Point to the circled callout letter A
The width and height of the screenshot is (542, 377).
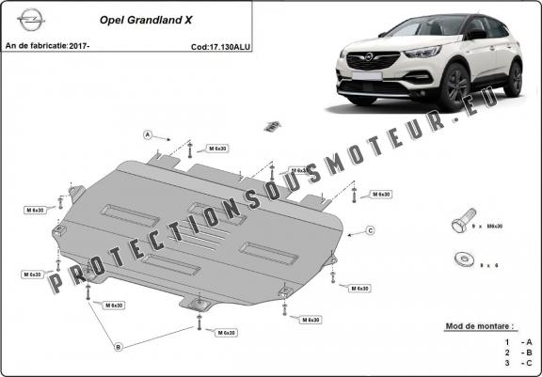[148, 135]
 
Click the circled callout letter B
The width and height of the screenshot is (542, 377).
[119, 347]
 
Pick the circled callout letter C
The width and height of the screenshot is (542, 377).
[371, 230]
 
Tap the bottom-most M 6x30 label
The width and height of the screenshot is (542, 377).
[225, 333]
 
